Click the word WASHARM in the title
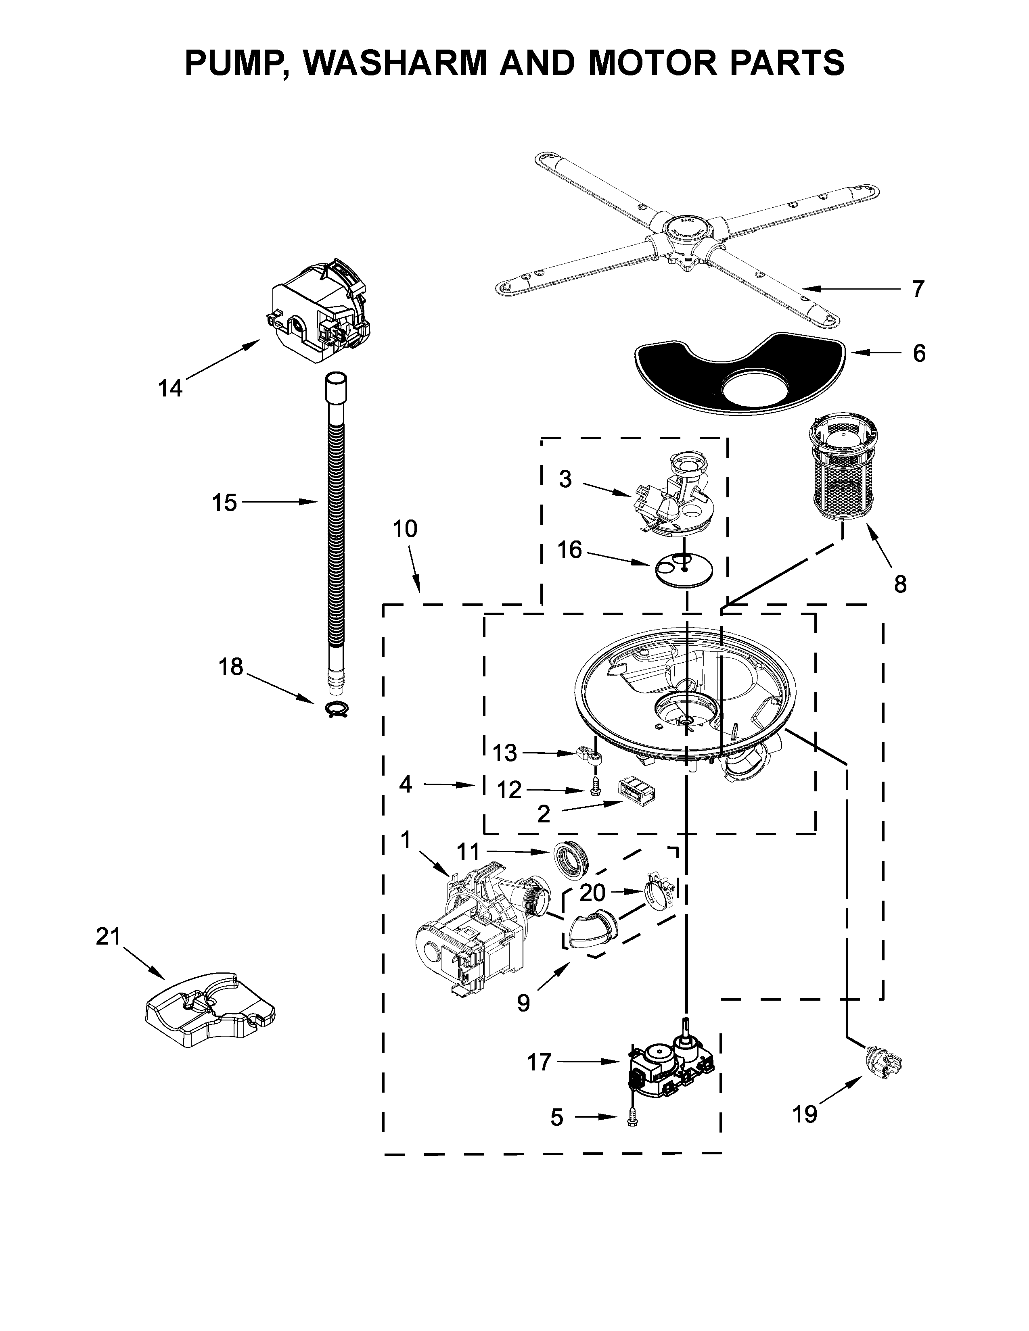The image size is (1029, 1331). [x=391, y=62]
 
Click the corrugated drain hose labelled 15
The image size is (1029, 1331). [x=335, y=536]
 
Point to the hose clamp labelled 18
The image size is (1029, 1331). [x=334, y=709]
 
